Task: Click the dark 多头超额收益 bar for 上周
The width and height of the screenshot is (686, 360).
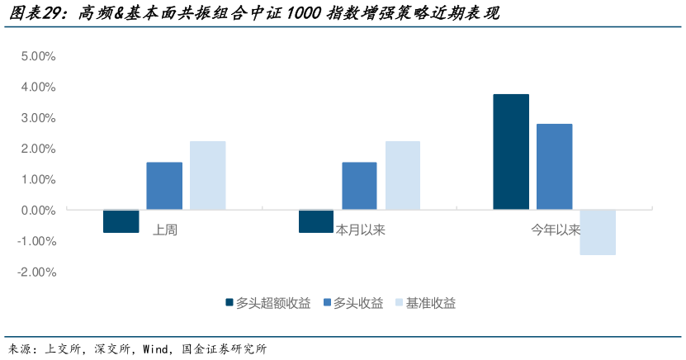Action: click(x=121, y=221)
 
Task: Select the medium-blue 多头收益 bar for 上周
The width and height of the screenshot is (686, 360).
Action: click(x=164, y=186)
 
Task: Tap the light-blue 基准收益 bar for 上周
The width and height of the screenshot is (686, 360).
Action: click(x=207, y=175)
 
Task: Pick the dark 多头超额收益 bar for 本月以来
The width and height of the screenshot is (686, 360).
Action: click(x=316, y=221)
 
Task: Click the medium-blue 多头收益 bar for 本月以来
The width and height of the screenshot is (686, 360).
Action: click(x=359, y=186)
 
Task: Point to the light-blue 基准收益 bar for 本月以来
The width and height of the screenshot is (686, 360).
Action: click(x=402, y=175)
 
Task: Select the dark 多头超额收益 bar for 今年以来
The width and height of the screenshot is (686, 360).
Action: click(x=511, y=152)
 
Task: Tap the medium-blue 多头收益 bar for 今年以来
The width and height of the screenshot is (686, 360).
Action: click(x=554, y=167)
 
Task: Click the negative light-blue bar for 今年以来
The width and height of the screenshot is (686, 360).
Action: click(x=597, y=232)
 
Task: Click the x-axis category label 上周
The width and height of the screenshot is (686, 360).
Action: click(x=165, y=230)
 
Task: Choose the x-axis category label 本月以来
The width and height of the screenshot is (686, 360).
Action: click(x=361, y=230)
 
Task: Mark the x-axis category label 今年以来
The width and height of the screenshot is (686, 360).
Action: click(x=556, y=230)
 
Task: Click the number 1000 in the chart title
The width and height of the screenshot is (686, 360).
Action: click(x=305, y=14)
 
